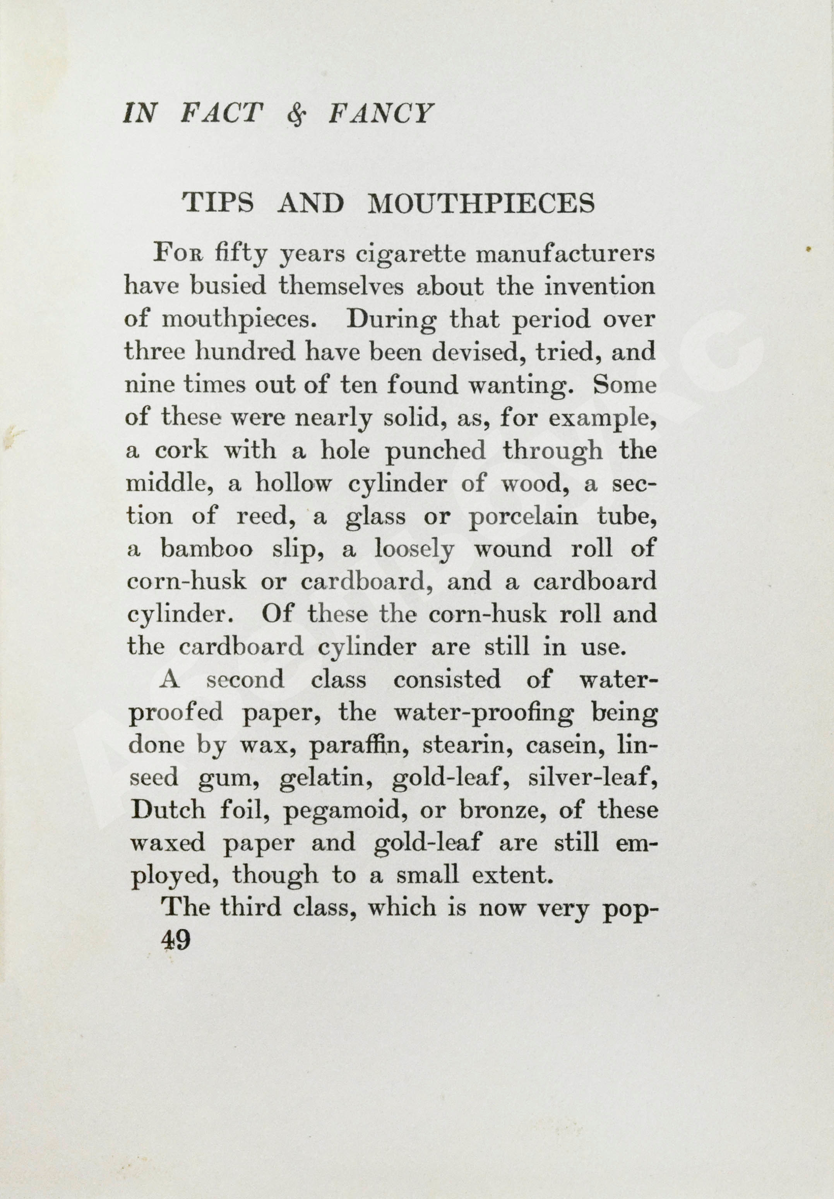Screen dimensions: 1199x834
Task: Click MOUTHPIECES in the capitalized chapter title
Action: pos(481,203)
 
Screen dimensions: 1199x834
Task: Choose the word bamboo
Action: pos(207,549)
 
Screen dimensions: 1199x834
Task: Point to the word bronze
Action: pos(502,811)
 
